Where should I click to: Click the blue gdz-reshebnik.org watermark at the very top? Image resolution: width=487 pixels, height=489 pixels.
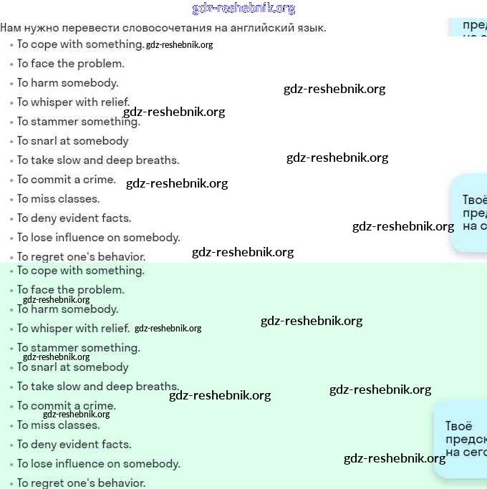click(x=243, y=9)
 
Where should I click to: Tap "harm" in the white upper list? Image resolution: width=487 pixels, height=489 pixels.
click(x=44, y=83)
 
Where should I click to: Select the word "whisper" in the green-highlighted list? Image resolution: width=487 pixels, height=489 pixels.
click(x=52, y=329)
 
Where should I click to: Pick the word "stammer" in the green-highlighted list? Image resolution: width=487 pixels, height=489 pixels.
click(x=54, y=348)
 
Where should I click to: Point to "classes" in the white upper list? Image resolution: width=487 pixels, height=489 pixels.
click(x=78, y=199)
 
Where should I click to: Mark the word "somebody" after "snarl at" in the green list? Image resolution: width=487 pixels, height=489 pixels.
click(x=101, y=367)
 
